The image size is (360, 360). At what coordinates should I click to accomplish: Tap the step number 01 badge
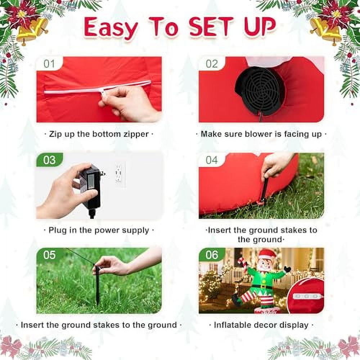tap(49, 64)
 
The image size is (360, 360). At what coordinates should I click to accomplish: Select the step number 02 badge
tap(212, 64)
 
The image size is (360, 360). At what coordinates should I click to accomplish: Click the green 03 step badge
tap(49, 159)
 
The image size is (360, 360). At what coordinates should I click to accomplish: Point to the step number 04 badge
tap(212, 159)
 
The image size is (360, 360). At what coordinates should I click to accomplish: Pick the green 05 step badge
tap(49, 255)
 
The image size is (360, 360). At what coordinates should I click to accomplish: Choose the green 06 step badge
tap(212, 255)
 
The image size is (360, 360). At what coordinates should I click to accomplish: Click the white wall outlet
tap(119, 173)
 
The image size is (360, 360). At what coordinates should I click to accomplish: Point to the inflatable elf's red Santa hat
tap(266, 254)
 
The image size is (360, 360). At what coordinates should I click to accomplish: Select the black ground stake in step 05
tap(97, 284)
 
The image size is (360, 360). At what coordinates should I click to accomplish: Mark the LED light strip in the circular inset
tap(306, 296)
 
